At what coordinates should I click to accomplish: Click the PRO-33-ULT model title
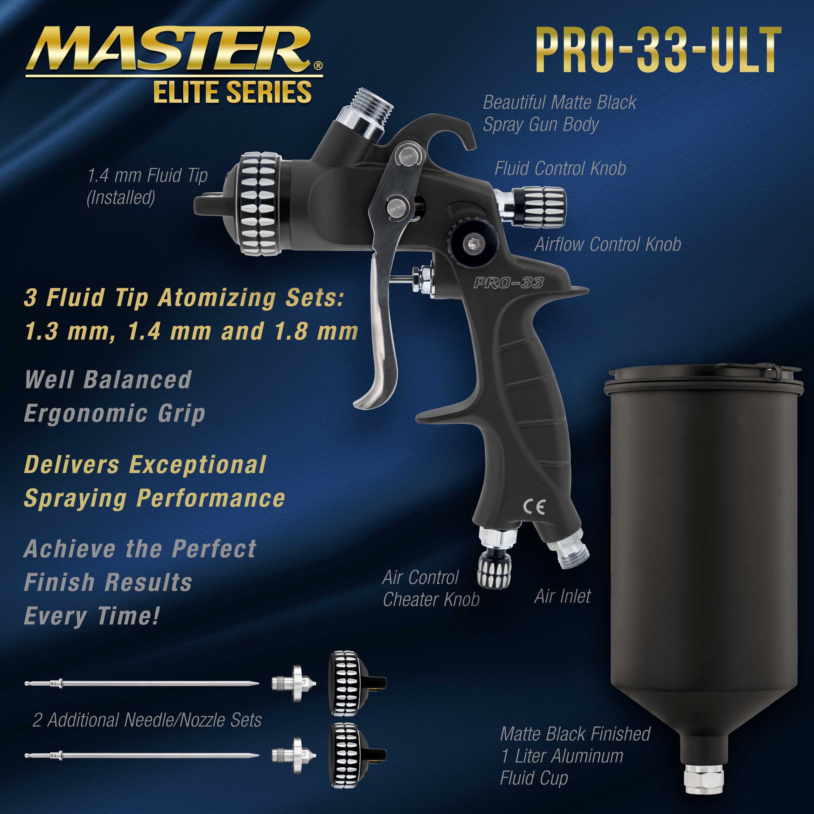click(x=658, y=51)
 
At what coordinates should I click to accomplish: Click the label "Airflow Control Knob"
click(x=608, y=244)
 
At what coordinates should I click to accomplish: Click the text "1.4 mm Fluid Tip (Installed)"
click(x=147, y=186)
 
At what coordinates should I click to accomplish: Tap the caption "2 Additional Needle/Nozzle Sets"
click(x=147, y=720)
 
